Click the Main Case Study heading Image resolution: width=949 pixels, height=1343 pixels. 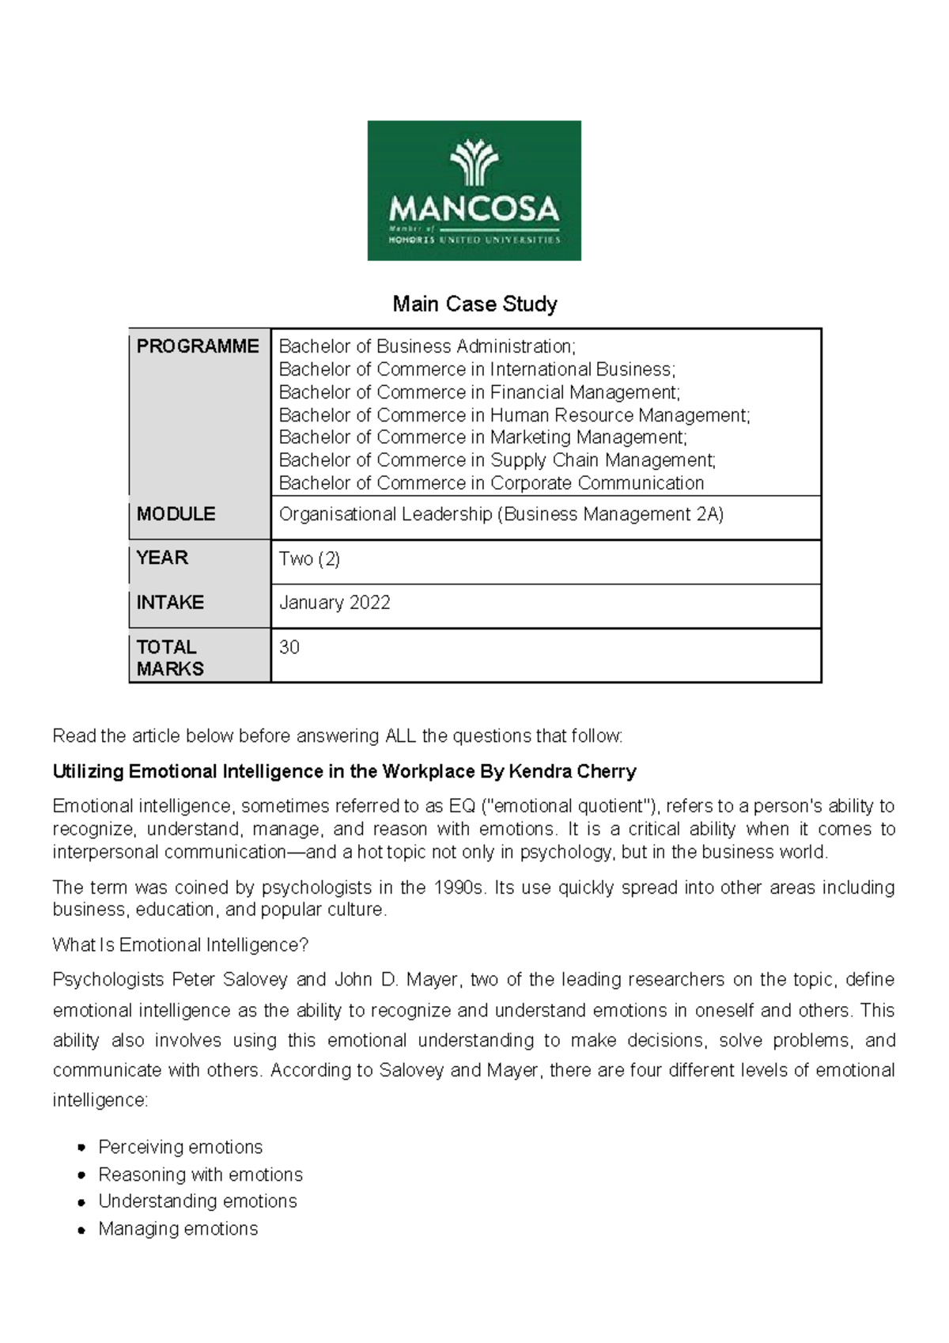click(475, 304)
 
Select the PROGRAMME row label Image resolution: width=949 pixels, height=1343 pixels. click(198, 346)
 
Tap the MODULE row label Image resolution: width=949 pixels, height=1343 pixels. click(176, 514)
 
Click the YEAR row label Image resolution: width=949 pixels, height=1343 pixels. click(162, 558)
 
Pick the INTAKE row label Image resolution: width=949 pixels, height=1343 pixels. click(170, 603)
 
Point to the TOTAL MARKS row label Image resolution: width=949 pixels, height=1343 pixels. click(169, 657)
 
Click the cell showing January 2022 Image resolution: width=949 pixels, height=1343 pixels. click(335, 603)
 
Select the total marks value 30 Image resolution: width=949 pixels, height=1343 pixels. click(289, 647)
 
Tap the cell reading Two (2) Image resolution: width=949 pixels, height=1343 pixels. click(309, 558)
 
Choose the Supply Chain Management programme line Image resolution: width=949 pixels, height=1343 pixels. click(497, 460)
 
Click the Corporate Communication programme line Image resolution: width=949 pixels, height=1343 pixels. click(491, 483)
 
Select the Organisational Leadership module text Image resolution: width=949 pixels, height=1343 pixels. click(501, 514)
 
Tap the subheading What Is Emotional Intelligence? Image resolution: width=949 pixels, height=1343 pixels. click(180, 945)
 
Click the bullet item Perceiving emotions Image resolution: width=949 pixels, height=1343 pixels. click(180, 1147)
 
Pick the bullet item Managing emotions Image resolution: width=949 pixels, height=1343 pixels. click(178, 1228)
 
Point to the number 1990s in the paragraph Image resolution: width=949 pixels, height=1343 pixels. click(459, 887)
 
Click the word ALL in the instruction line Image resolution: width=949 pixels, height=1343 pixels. click(401, 736)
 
